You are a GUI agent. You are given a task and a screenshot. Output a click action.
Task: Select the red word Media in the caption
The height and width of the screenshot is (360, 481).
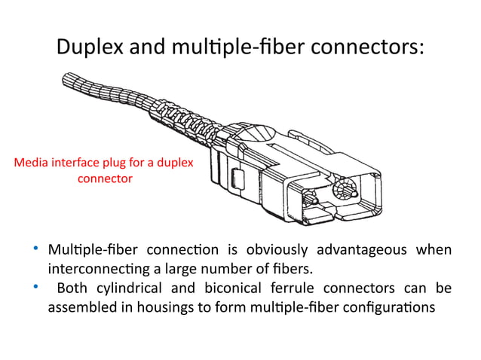coord(32,163)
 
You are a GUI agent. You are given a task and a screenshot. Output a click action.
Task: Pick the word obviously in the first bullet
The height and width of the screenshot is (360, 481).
coord(274,250)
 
